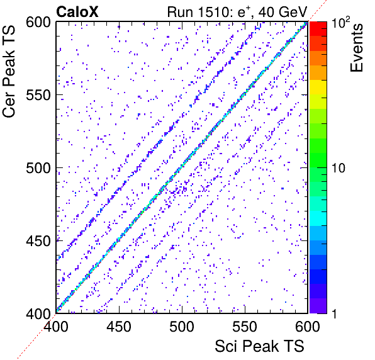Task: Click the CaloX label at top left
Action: pyautogui.click(x=77, y=12)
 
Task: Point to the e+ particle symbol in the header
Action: pyautogui.click(x=243, y=12)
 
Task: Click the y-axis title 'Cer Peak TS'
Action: pyautogui.click(x=9, y=71)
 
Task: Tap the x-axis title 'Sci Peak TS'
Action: pyautogui.click(x=259, y=346)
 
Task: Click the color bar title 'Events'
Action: pyautogui.click(x=356, y=48)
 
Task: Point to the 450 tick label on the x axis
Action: pyautogui.click(x=119, y=327)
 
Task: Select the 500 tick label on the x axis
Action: pyautogui.click(x=182, y=327)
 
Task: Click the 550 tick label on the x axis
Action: pyautogui.click(x=245, y=327)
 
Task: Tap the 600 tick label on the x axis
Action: pyautogui.click(x=308, y=327)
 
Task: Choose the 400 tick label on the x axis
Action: pyautogui.click(x=56, y=327)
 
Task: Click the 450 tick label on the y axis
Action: pyautogui.click(x=38, y=241)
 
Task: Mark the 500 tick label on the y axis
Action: pyautogui.click(x=38, y=168)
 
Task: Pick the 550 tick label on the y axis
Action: pyautogui.click(x=38, y=96)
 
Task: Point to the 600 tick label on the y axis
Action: pyautogui.click(x=38, y=23)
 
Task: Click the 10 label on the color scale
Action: pyautogui.click(x=339, y=168)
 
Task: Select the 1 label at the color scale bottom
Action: pyautogui.click(x=334, y=313)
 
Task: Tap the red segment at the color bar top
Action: pyautogui.click(x=318, y=29)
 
